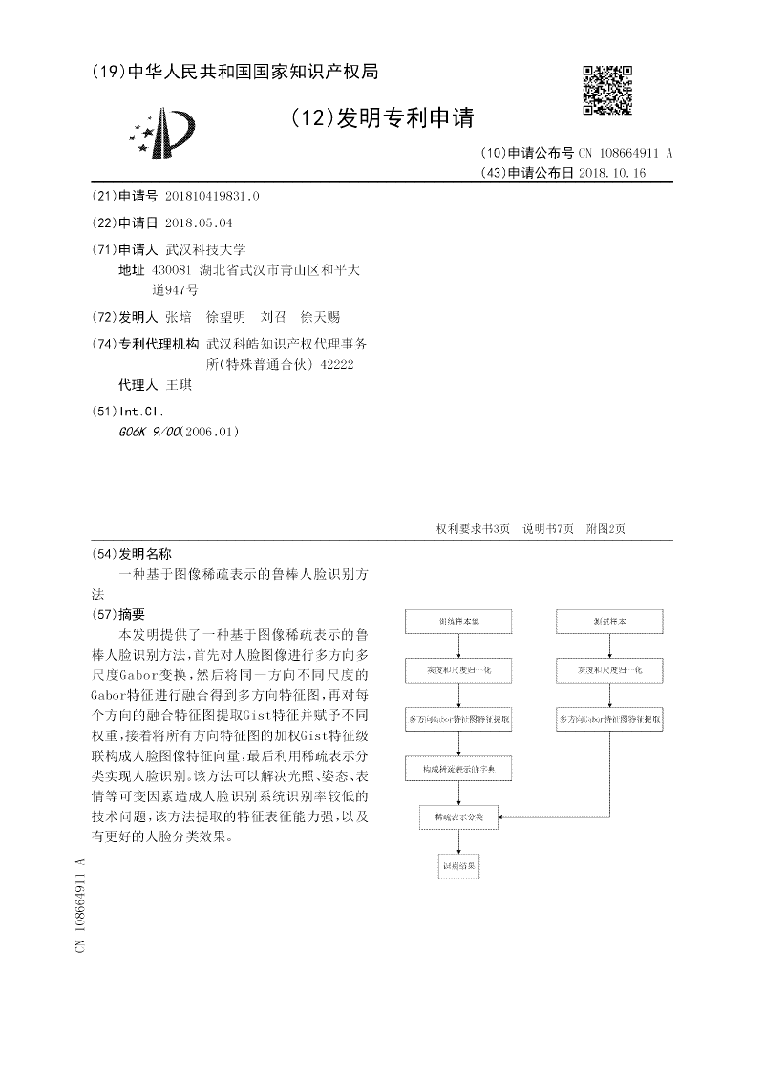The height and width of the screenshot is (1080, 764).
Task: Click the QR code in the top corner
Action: coord(606,91)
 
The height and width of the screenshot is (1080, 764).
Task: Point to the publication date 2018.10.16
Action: coord(612,173)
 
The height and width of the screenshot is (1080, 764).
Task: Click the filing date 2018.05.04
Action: coord(199,222)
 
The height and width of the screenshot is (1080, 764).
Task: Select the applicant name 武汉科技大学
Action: coord(206,249)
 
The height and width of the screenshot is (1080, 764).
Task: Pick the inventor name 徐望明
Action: coord(226,317)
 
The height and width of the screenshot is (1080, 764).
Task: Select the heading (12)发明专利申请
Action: coord(381,117)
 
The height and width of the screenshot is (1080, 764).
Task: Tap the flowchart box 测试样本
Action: coord(609,622)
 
